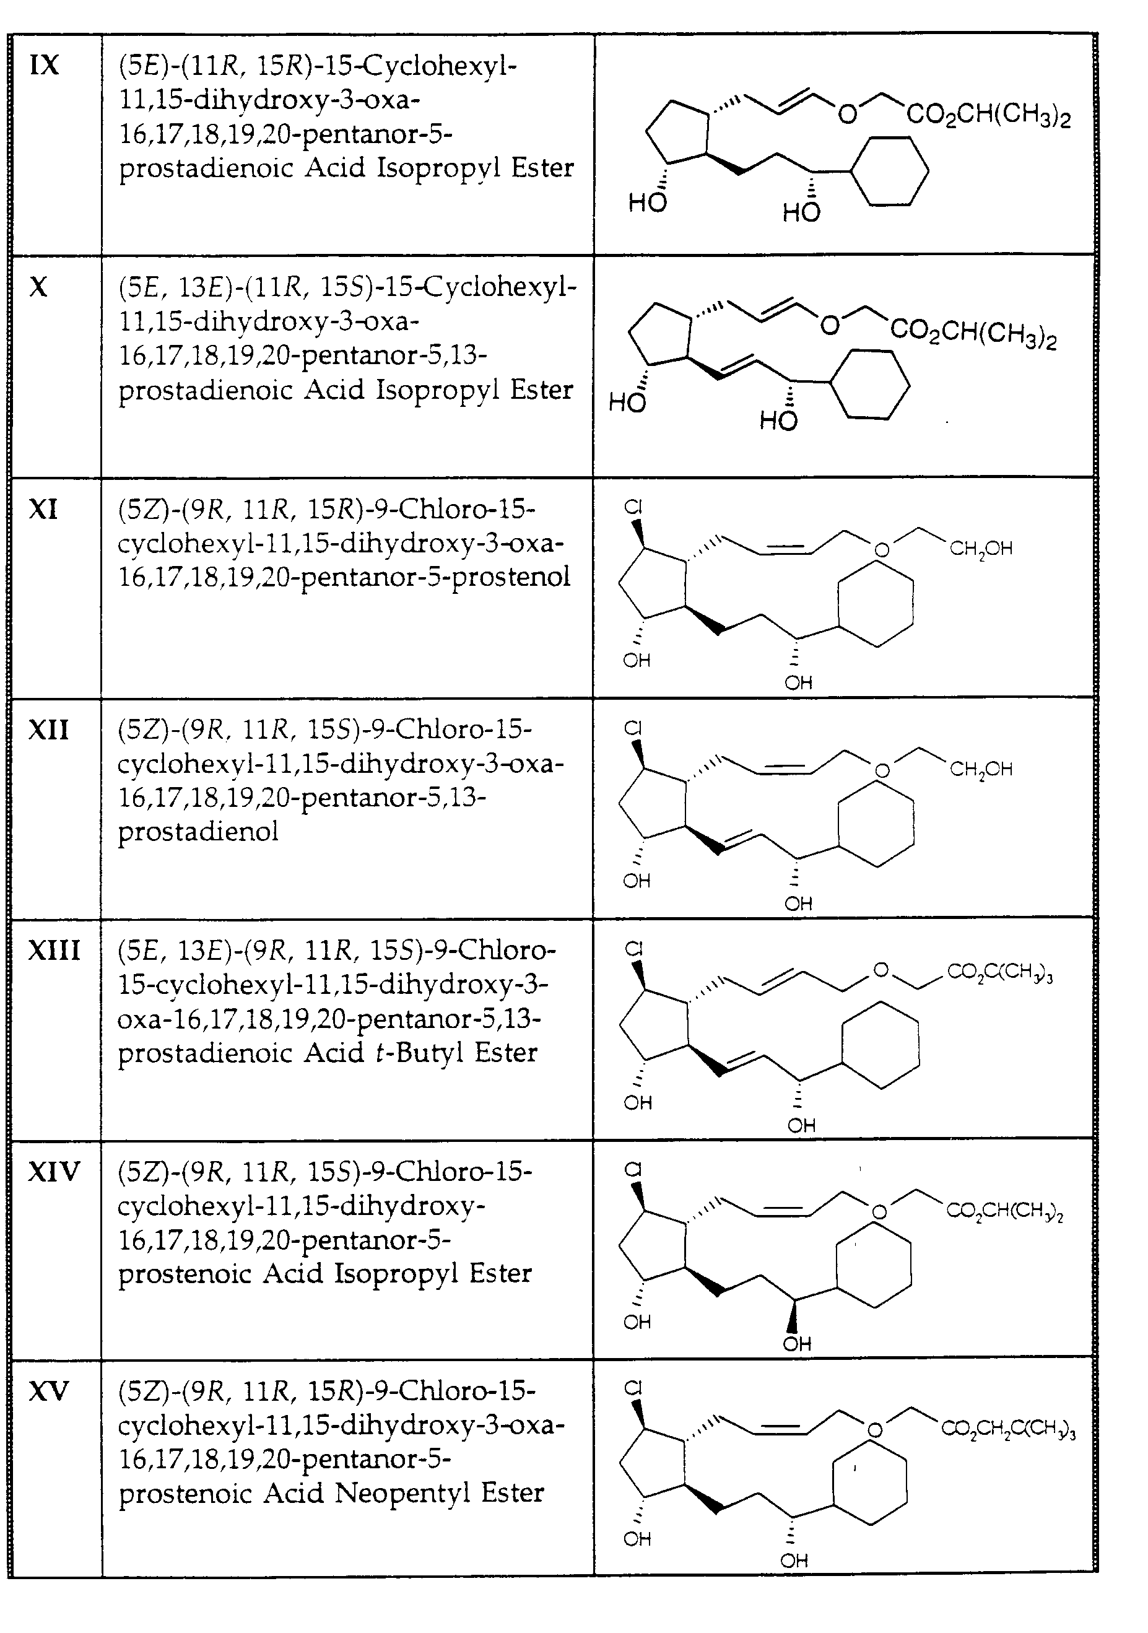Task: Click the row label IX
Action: [43, 65]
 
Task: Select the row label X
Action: [38, 287]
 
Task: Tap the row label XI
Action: [43, 509]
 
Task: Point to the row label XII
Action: [48, 729]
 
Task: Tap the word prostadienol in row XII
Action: [198, 830]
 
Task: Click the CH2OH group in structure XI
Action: [981, 549]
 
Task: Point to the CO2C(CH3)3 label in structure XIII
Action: [999, 973]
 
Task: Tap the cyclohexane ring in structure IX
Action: [890, 171]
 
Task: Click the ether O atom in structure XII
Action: [882, 770]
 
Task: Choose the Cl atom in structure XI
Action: [633, 507]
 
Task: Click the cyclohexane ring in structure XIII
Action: [880, 1045]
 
